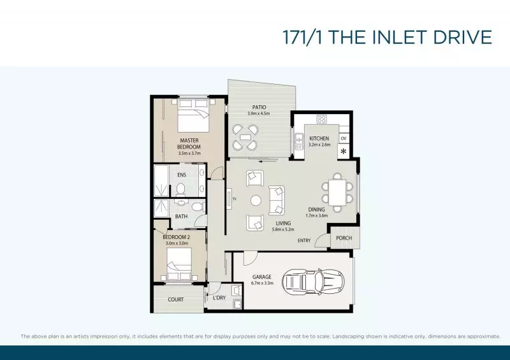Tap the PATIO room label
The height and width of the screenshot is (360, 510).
tap(259, 107)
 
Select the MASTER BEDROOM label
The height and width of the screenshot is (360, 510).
tap(190, 143)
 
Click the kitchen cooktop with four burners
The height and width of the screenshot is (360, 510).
tap(322, 119)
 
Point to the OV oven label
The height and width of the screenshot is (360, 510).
tap(344, 138)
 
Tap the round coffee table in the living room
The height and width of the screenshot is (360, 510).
tap(256, 200)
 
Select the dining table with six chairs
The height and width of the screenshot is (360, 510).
tap(337, 190)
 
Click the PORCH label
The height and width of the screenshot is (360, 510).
tap(344, 238)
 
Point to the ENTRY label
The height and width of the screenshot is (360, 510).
tap(305, 240)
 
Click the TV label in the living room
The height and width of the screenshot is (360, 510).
tap(235, 199)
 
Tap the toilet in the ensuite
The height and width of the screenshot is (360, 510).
tap(180, 189)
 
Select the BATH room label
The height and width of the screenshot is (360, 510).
tap(182, 216)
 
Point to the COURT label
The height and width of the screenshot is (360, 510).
tap(176, 299)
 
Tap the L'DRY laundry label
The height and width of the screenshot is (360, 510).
tap(219, 298)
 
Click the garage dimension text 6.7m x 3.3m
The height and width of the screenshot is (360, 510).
tap(262, 284)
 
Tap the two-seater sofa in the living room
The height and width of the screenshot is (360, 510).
tap(277, 200)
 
